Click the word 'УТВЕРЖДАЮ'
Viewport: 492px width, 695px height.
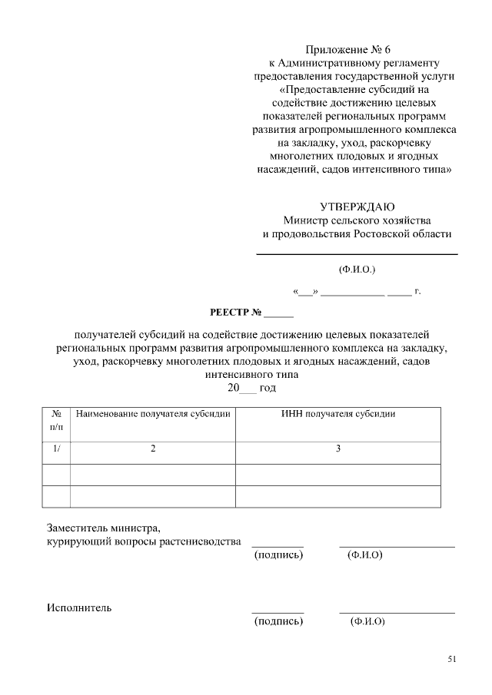pos(357,207)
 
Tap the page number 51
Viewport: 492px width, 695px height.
pos(451,659)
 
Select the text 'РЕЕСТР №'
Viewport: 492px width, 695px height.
pos(236,313)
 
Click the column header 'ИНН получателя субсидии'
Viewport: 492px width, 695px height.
pos(338,414)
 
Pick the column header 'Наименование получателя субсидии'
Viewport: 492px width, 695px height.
pos(153,414)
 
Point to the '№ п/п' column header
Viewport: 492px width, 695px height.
pos(56,419)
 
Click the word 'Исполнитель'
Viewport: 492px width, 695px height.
pos(79,607)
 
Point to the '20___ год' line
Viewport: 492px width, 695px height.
pos(251,389)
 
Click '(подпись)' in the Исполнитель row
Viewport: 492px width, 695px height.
pos(278,621)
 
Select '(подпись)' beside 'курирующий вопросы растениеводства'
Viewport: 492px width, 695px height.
pos(278,554)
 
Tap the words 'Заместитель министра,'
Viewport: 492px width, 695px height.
pos(104,528)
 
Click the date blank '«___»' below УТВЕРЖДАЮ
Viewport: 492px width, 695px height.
pos(305,292)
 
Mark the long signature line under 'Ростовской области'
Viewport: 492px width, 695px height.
pos(357,254)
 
